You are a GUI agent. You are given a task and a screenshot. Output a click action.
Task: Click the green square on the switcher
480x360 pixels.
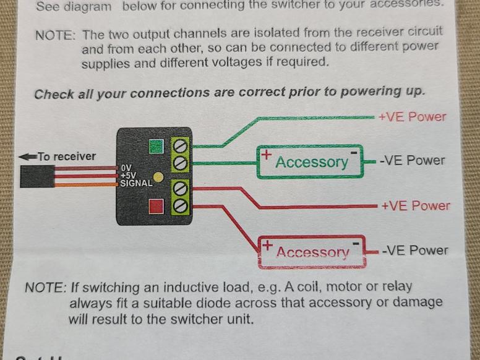click(156, 147)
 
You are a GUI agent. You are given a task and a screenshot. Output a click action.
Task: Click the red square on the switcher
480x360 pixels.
click(156, 205)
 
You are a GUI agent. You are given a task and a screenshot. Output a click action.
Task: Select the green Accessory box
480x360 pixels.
click(311, 161)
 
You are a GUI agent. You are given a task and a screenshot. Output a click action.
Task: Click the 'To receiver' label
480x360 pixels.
click(67, 156)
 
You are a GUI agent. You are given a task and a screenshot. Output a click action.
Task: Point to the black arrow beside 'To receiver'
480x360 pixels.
click(28, 156)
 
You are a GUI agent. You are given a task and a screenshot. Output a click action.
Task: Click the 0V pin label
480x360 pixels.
click(126, 168)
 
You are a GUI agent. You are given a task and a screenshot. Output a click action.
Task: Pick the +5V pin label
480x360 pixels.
click(127, 175)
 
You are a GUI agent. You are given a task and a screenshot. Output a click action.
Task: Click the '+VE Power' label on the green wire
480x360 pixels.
click(412, 117)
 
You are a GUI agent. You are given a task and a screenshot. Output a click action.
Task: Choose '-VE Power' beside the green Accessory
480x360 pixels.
click(413, 160)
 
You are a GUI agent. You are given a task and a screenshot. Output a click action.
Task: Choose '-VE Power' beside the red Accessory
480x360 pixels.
click(414, 251)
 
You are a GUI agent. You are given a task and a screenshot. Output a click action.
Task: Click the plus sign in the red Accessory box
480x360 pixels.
click(267, 246)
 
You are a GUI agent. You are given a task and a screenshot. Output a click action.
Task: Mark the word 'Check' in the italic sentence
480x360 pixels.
click(51, 95)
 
